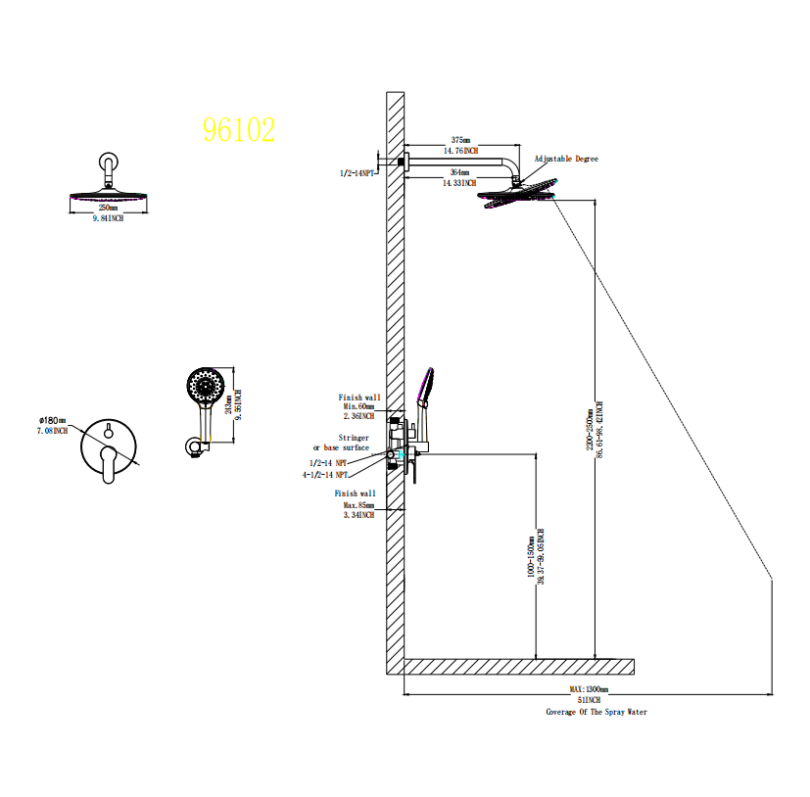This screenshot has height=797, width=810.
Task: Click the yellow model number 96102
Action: click(239, 130)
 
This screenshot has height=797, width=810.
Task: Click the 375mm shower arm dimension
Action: click(460, 141)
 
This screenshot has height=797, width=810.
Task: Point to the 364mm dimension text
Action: click(459, 172)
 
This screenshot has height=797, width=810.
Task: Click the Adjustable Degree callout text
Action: click(565, 159)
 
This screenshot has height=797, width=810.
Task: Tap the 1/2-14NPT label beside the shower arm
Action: click(357, 172)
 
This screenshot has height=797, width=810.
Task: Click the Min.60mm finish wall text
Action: click(358, 406)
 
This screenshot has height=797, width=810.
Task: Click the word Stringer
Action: click(354, 438)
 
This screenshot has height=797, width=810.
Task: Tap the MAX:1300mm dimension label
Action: click(589, 689)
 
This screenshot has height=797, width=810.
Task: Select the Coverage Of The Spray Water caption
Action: click(596, 712)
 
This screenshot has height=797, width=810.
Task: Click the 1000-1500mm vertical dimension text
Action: click(531, 559)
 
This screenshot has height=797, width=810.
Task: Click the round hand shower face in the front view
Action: click(206, 385)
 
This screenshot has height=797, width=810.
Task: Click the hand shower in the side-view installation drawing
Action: click(425, 392)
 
